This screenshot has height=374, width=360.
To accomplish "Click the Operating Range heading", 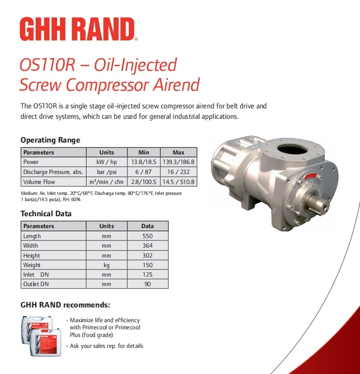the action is (50, 140).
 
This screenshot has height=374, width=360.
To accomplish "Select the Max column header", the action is (178, 153).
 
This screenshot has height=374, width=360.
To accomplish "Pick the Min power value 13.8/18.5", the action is (144, 162).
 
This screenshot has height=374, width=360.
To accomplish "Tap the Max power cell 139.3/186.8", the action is (178, 162).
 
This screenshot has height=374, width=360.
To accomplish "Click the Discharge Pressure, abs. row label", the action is (53, 172).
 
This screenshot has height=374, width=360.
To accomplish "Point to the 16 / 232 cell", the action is (178, 172).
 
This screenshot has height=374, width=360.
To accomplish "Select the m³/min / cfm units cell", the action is (107, 182).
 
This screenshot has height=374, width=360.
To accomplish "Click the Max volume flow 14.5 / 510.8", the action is (178, 182).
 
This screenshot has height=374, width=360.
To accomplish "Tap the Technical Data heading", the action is (46, 214).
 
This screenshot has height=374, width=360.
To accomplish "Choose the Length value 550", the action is (147, 236).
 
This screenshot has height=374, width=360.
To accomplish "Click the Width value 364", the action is (147, 246).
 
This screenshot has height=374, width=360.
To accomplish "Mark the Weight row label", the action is (32, 265).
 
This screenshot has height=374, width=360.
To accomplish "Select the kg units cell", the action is (107, 265).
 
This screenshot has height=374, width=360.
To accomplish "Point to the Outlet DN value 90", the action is (147, 284).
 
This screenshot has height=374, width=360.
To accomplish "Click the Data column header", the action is (147, 226).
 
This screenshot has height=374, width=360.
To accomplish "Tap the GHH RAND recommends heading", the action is (66, 305).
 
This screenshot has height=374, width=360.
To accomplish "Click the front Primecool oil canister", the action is (46, 342).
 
